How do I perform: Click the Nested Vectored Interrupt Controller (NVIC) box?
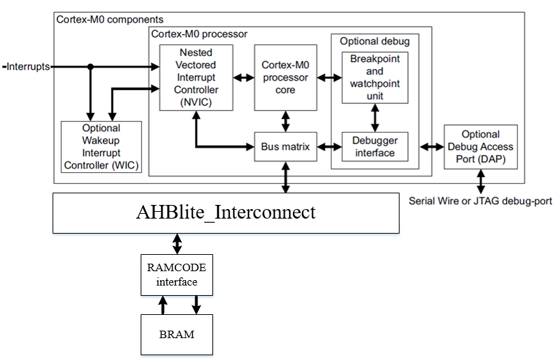pos(196,77)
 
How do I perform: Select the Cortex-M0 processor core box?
pos(285,77)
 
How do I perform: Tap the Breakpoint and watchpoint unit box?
pos(375,77)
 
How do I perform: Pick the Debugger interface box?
pos(375,146)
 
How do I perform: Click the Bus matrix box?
pos(285,146)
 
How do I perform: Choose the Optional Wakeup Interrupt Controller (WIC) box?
pos(101,147)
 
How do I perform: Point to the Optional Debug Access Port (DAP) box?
pos(480,147)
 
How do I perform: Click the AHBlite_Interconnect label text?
pos(226,212)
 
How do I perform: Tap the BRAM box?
pos(177,335)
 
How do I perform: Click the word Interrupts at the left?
pos(28,66)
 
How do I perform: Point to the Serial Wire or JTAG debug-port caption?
pos(480,201)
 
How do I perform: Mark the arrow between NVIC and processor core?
pos(243,77)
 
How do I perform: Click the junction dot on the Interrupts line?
pos(90,66)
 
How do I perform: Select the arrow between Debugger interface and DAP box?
pos(432,146)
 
